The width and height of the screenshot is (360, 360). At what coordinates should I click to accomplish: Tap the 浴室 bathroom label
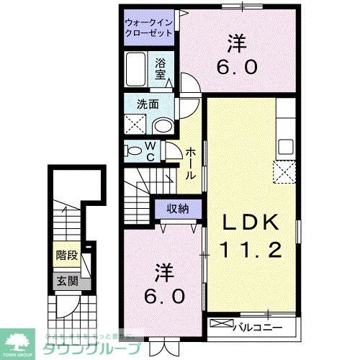click(159, 68)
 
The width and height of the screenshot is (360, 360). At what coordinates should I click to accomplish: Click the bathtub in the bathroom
click(136, 69)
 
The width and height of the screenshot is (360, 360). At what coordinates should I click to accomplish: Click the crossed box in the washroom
click(135, 125)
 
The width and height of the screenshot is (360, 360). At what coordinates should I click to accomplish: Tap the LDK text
click(251, 224)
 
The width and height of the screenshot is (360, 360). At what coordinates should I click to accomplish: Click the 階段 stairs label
click(66, 256)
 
